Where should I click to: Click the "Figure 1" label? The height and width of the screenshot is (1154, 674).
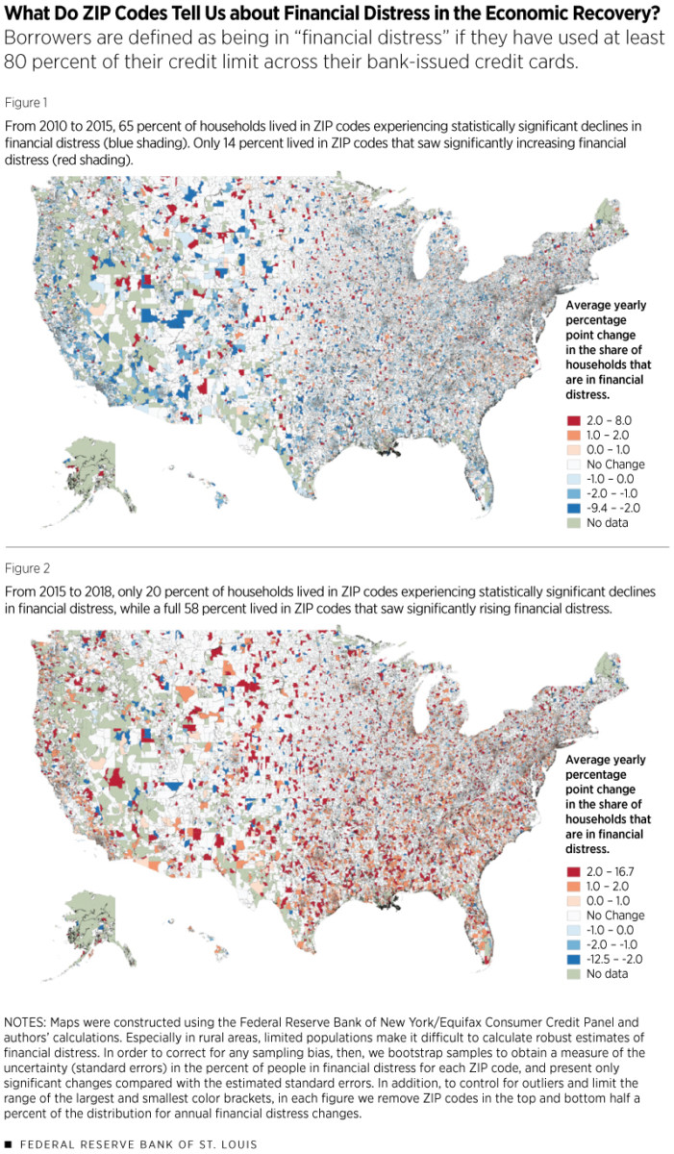click(27, 101)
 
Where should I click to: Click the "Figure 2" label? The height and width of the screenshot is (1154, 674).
click(27, 567)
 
